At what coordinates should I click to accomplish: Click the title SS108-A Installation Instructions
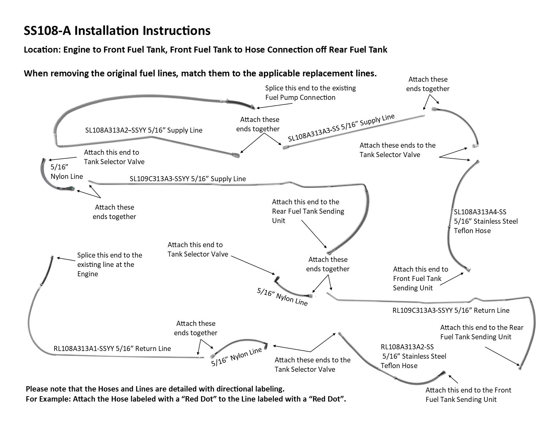[x=117, y=31]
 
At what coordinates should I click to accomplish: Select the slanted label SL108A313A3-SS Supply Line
[x=341, y=128]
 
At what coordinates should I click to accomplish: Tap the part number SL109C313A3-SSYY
[x=159, y=179]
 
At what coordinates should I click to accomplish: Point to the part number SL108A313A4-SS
[x=480, y=212]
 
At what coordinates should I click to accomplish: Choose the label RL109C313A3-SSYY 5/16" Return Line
[x=451, y=310]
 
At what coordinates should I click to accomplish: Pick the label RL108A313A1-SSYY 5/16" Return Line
[x=112, y=349]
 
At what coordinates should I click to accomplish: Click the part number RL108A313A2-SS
[x=407, y=347]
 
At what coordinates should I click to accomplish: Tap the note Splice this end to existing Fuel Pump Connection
[x=310, y=93]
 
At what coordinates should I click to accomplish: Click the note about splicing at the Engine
[x=109, y=265]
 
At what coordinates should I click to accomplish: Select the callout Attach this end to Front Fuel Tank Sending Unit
[x=420, y=279]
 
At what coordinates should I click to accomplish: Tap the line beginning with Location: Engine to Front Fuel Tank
[x=205, y=50]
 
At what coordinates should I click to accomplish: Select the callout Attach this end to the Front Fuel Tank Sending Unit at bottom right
[x=468, y=395]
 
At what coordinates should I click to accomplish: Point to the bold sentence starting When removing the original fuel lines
[x=200, y=73]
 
